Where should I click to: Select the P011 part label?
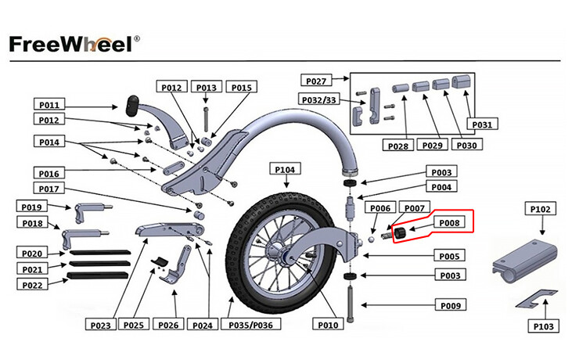[x=50, y=104]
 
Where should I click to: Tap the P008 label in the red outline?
[x=448, y=222]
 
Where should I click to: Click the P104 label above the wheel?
[x=285, y=169]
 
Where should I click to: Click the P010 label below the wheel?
[x=329, y=324]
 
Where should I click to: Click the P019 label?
[x=33, y=206]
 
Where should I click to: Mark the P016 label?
[x=50, y=173]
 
